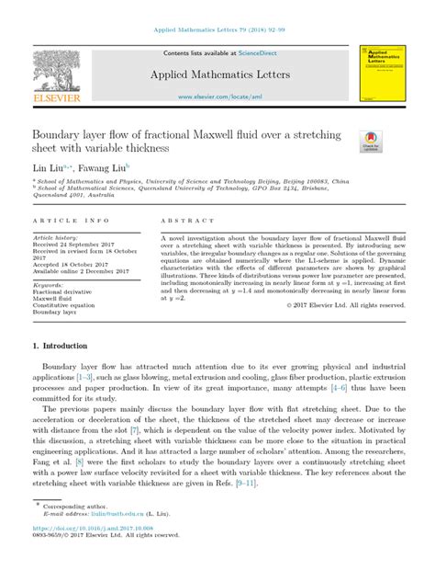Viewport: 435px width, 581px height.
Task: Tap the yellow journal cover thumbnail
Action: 379,74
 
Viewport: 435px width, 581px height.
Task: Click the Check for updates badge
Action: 372,141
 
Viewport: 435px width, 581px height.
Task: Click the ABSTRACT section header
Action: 187,222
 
